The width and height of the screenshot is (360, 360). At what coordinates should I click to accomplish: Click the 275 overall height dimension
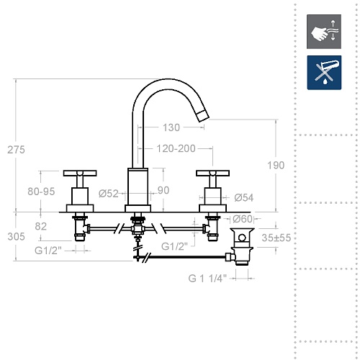point(16,150)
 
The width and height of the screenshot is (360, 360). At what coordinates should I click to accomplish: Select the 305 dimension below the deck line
point(16,237)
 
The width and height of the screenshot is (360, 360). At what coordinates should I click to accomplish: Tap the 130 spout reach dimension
point(171,127)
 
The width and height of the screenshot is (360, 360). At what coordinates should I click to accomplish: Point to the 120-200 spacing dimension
point(176,148)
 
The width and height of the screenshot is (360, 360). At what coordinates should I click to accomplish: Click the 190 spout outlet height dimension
point(276,166)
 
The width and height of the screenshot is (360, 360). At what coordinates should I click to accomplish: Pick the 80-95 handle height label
point(41,192)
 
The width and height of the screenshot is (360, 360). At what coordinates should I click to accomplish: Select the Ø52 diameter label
point(109,194)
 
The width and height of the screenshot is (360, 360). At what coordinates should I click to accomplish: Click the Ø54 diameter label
point(244,198)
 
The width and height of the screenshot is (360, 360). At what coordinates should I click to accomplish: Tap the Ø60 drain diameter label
point(243,219)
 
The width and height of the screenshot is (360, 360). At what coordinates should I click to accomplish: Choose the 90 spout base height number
point(163,190)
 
